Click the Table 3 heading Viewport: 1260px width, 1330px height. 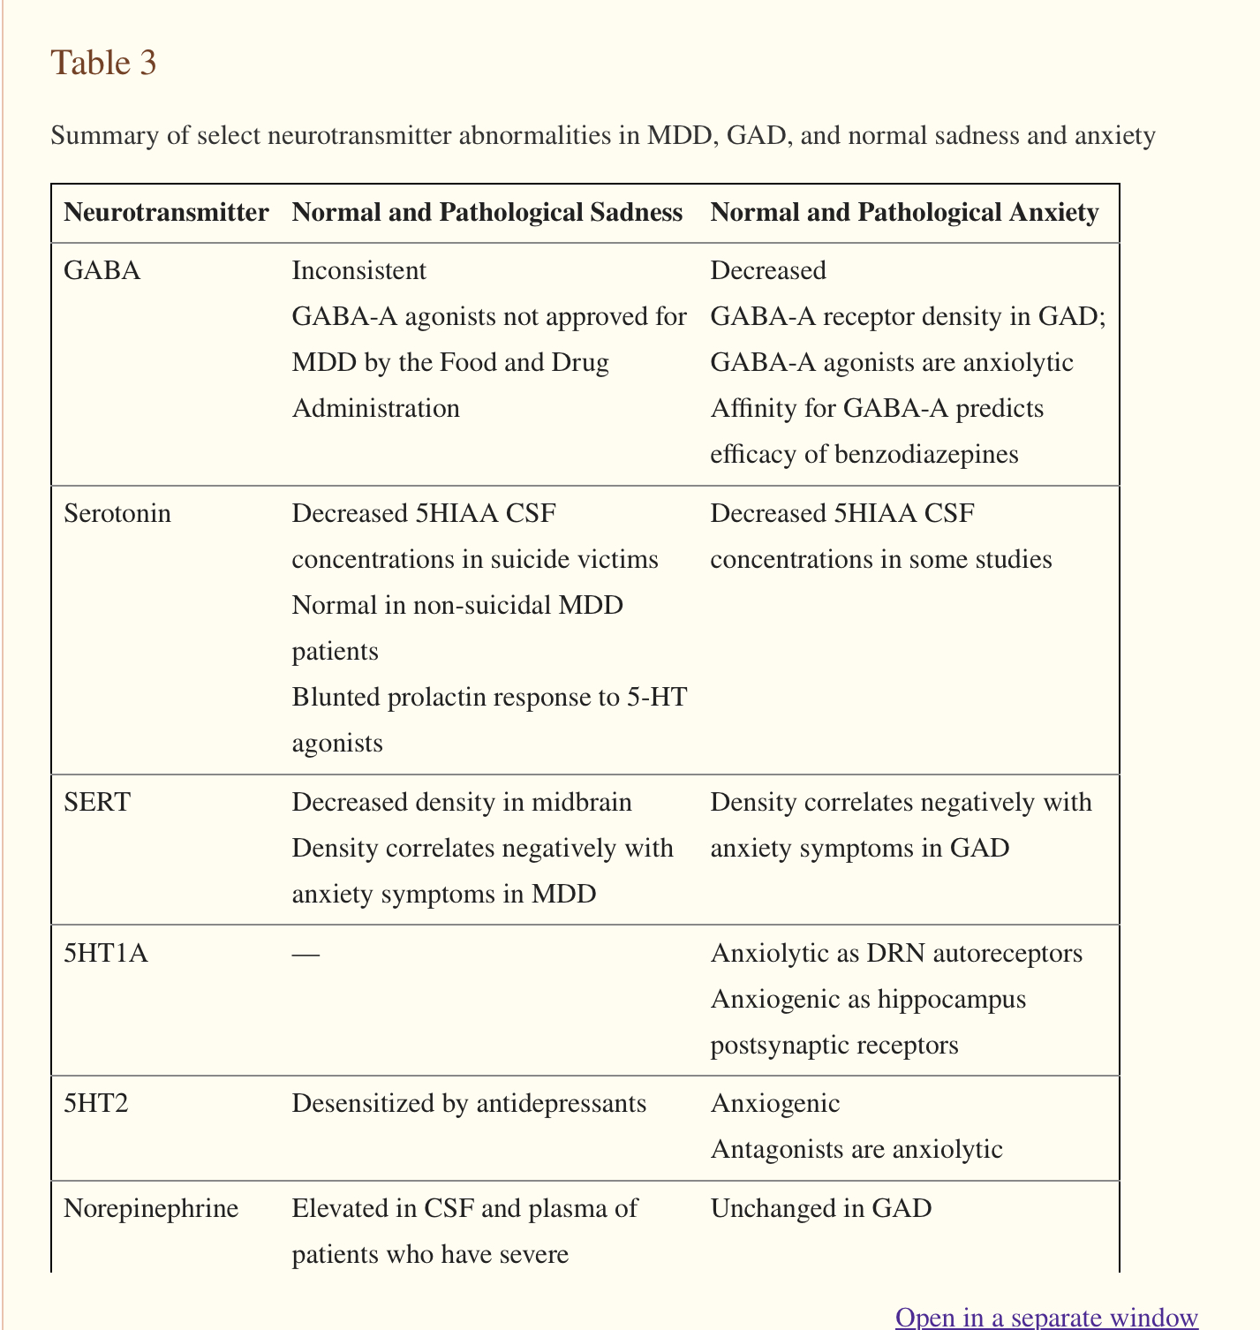click(x=103, y=63)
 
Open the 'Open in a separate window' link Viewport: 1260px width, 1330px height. click(x=1046, y=1317)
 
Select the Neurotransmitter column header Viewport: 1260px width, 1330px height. click(x=166, y=212)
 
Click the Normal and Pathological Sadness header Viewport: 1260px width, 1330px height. click(x=487, y=212)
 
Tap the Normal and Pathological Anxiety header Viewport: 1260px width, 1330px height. click(x=904, y=212)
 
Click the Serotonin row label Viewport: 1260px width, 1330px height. click(x=117, y=513)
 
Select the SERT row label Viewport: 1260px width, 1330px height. click(x=97, y=802)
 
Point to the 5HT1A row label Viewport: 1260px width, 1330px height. click(x=106, y=953)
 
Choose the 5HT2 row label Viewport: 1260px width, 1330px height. click(x=96, y=1103)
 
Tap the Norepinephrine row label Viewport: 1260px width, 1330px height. click(x=151, y=1207)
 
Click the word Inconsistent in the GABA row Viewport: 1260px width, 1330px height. click(x=358, y=270)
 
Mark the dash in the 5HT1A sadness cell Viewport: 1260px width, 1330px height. click(x=306, y=954)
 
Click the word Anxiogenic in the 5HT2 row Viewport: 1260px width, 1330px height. click(x=774, y=1103)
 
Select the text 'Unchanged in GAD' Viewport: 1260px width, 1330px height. click(x=820, y=1207)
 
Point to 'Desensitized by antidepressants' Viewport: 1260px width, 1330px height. click(x=468, y=1103)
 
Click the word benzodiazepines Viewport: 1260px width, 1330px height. click(x=925, y=454)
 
